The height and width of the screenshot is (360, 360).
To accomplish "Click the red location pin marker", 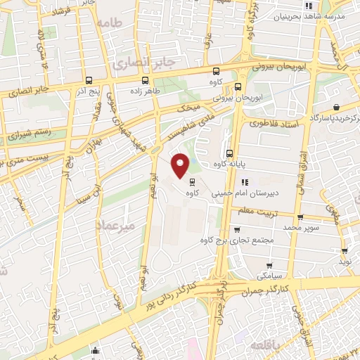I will (x=181, y=166).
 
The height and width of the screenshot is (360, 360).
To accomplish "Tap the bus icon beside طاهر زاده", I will (x=145, y=80).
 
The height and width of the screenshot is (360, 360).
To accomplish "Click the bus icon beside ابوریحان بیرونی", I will (x=238, y=87).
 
